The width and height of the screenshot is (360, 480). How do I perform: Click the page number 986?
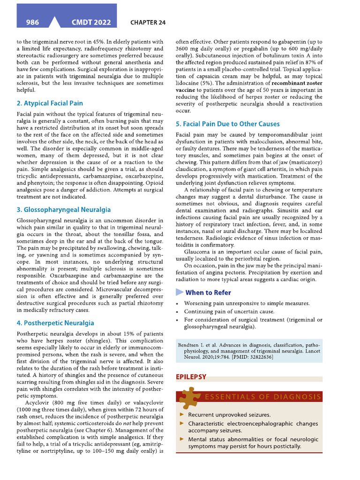click(x=32, y=22)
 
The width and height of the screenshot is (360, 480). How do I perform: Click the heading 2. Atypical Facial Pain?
click(x=50, y=103)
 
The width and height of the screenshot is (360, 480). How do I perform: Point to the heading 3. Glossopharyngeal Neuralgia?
click(x=63, y=210)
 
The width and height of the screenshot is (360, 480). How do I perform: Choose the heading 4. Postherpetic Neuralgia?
click(x=55, y=323)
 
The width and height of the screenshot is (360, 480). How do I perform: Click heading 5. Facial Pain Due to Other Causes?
click(x=227, y=124)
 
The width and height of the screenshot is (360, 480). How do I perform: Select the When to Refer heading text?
click(x=208, y=292)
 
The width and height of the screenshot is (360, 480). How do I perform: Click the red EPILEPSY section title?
click(x=191, y=376)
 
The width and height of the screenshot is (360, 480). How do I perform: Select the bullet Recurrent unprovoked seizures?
click(x=229, y=415)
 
